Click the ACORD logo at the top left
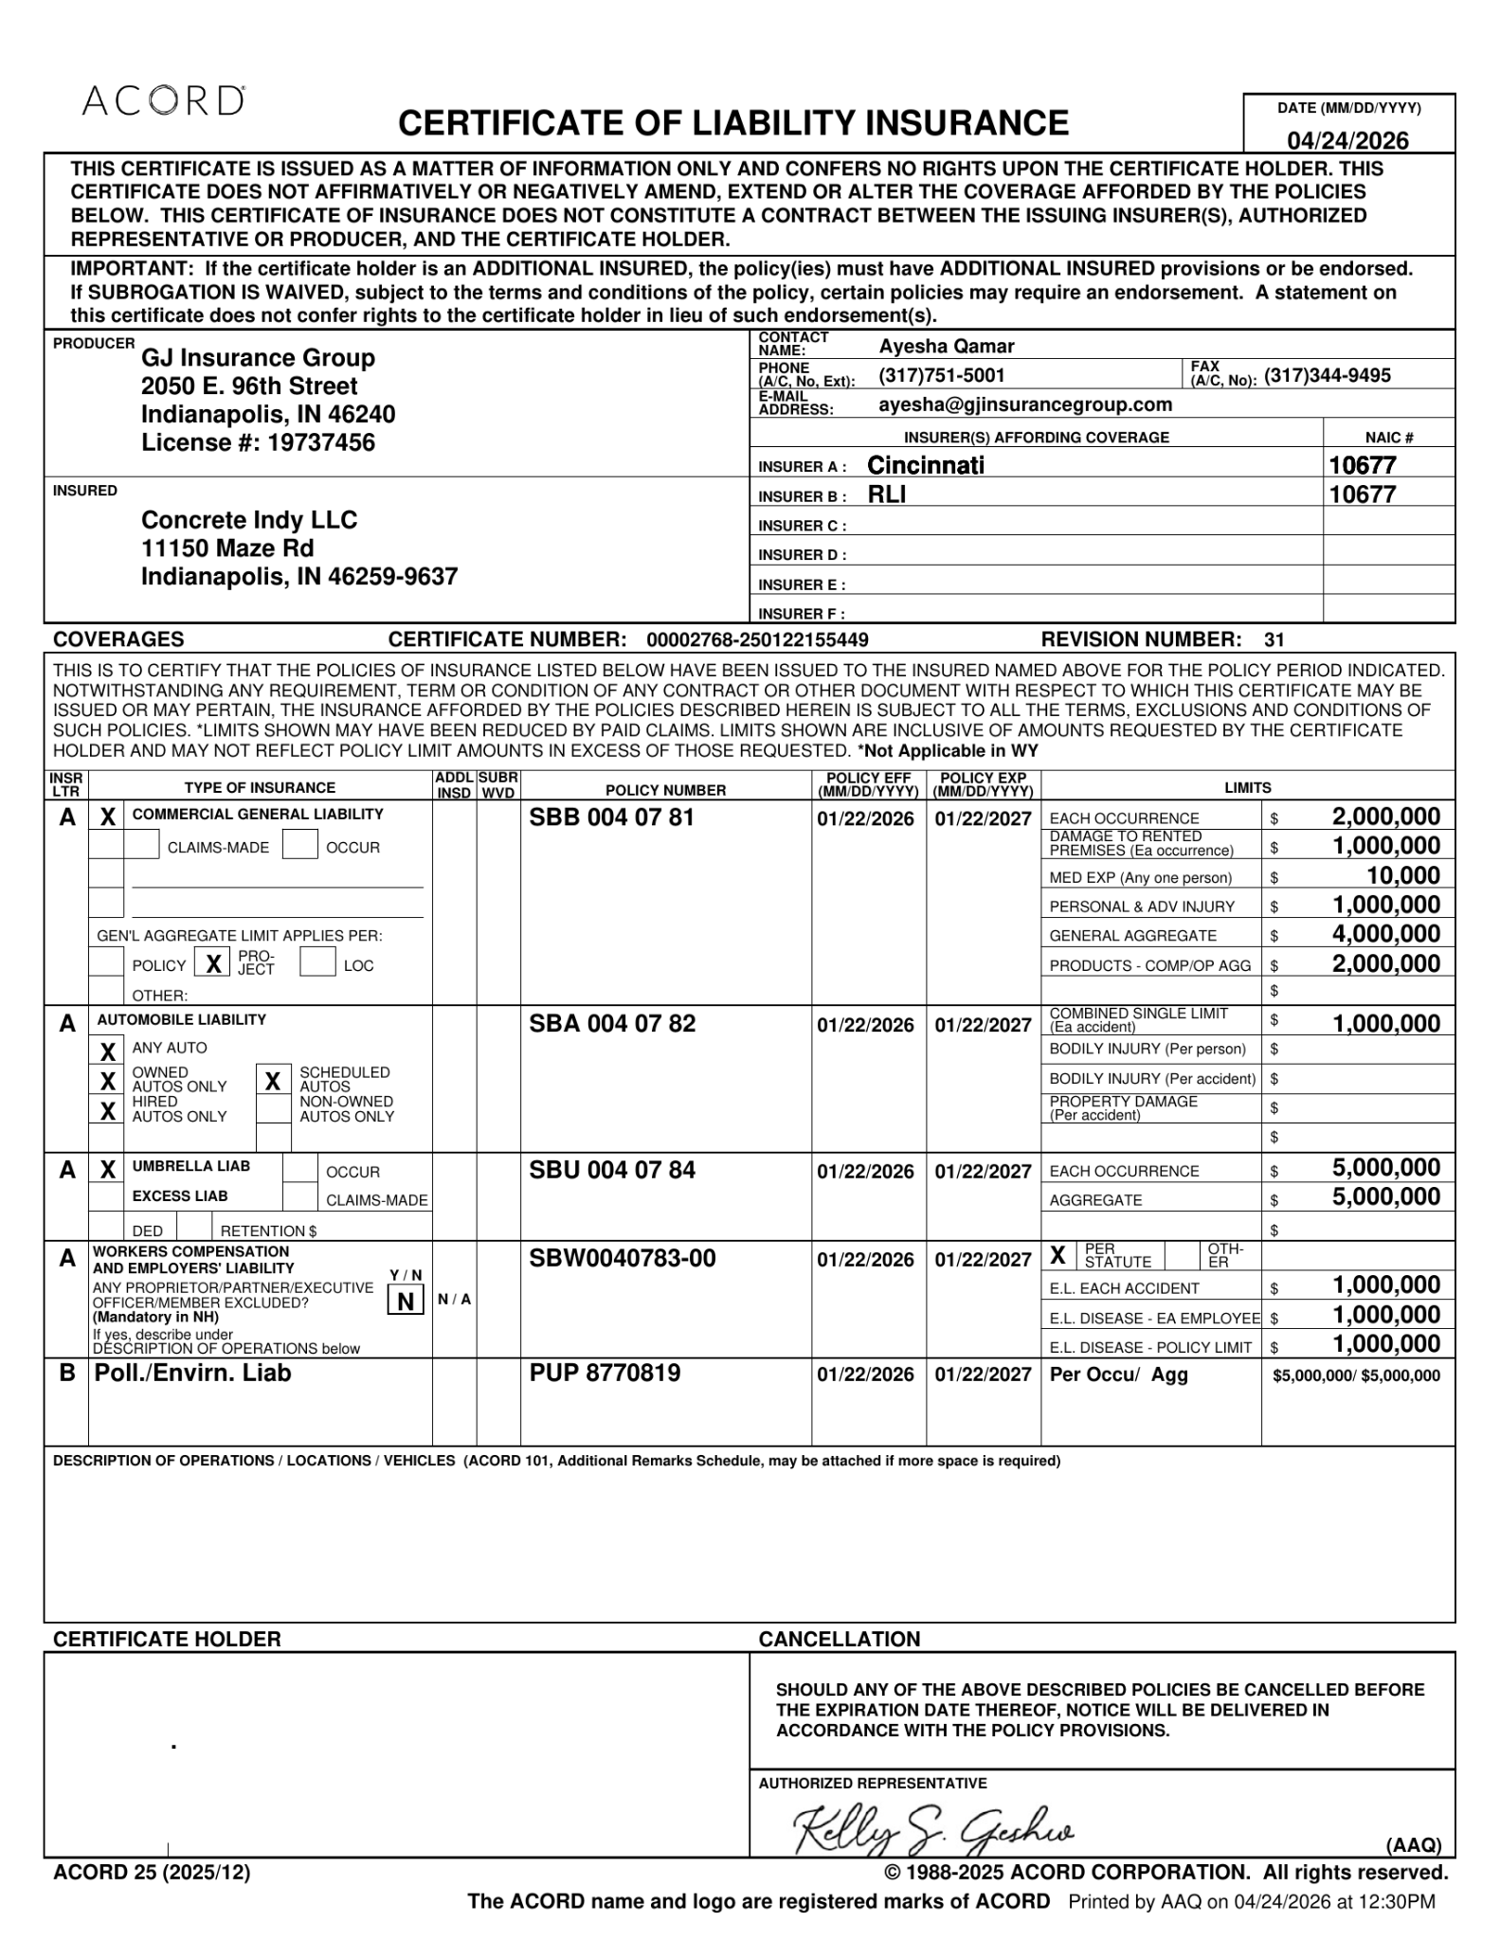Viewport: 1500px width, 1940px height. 163,100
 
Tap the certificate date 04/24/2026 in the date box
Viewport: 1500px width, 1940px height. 1346,141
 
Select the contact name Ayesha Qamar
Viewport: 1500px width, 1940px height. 946,346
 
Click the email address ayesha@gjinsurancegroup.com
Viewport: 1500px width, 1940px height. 1024,404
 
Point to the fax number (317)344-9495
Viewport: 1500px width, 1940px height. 1327,375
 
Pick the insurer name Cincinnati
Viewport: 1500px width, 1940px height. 925,465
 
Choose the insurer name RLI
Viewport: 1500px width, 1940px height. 886,494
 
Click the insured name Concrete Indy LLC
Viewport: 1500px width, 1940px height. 249,520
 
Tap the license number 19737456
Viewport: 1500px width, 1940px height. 321,442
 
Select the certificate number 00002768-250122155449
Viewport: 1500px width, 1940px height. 757,639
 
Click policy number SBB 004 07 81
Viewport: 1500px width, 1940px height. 611,817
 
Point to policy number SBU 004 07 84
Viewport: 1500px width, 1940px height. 611,1171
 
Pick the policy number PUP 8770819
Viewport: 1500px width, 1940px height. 605,1374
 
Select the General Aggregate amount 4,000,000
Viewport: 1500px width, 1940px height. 1385,935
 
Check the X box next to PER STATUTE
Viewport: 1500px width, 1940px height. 1057,1257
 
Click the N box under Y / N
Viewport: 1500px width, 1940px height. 405,1302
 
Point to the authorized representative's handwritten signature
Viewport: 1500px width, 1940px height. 932,1830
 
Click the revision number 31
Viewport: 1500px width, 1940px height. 1274,639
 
